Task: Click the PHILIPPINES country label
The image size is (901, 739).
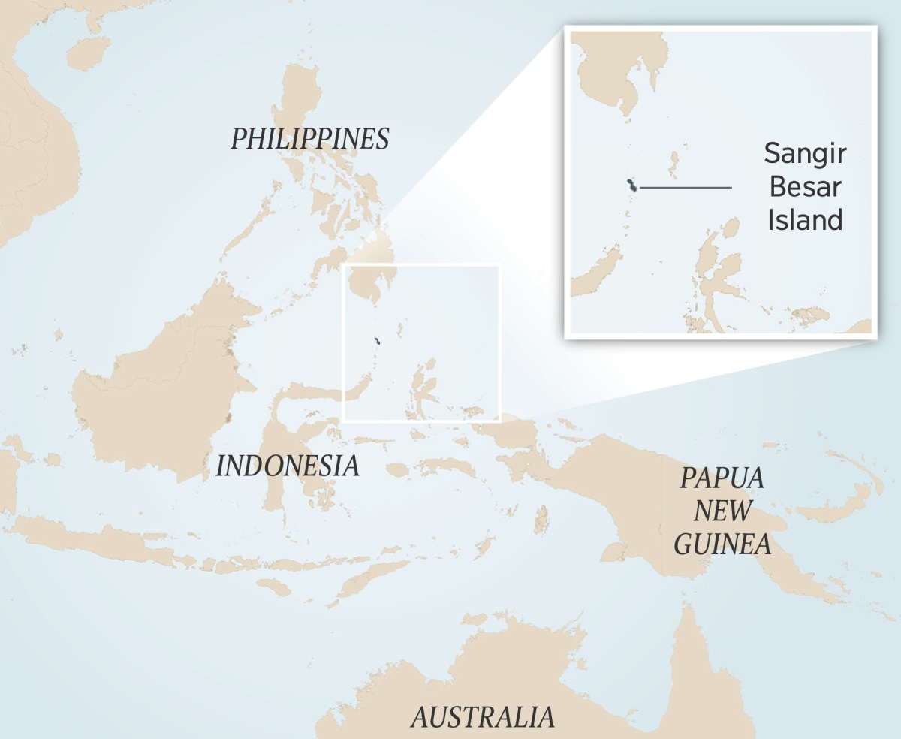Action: click(x=309, y=139)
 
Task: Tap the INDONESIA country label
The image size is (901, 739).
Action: click(x=288, y=466)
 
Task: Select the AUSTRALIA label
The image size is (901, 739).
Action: click(x=483, y=717)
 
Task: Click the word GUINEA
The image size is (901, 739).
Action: click(x=722, y=544)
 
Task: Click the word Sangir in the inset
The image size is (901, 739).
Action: click(x=805, y=154)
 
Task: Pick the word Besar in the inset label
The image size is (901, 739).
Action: click(x=805, y=187)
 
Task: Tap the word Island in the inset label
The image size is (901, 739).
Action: click(x=805, y=220)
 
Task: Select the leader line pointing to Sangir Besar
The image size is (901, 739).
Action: click(x=685, y=187)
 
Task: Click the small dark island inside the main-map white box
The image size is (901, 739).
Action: click(x=378, y=342)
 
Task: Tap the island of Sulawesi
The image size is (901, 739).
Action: click(x=297, y=436)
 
